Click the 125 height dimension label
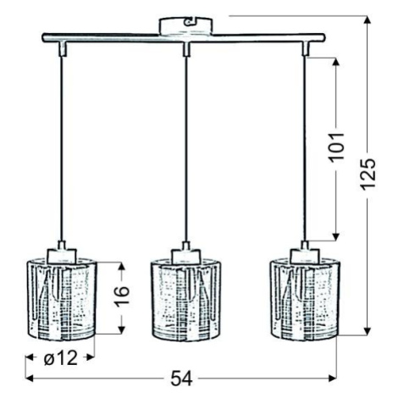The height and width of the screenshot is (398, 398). (x=368, y=173)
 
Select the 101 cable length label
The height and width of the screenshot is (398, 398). (x=336, y=146)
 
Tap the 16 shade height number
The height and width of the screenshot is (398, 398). (x=122, y=296)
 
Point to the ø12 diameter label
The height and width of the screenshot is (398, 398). (x=61, y=358)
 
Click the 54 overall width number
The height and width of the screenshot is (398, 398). (x=181, y=379)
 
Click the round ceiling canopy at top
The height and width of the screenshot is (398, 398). (x=185, y=27)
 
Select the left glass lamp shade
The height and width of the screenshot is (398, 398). (x=62, y=299)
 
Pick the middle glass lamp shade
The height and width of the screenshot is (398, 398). (x=185, y=299)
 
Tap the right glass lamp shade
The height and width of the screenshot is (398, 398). (x=305, y=299)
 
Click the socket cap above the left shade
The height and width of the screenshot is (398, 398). (x=62, y=252)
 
